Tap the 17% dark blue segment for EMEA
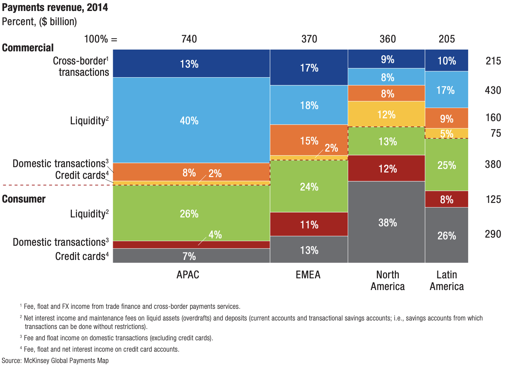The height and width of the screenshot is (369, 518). (x=309, y=68)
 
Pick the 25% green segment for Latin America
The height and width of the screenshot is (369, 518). (x=447, y=165)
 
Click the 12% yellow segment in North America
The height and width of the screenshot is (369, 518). (x=386, y=114)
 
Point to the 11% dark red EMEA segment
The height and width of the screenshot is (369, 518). (x=309, y=225)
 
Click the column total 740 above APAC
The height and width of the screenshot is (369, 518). (x=189, y=39)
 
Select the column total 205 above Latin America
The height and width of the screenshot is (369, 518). (x=447, y=39)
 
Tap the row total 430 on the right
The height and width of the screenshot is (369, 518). (x=493, y=90)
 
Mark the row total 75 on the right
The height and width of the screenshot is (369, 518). (x=496, y=133)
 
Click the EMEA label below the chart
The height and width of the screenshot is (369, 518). (x=308, y=275)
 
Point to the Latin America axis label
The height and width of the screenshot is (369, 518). (x=447, y=280)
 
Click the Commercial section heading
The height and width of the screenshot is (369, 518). (x=28, y=48)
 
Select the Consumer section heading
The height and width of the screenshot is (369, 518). (x=24, y=199)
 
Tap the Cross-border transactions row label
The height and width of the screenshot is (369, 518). (x=81, y=66)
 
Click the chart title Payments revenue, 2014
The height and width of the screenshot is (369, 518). (x=55, y=7)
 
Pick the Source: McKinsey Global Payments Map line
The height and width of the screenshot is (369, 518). (x=55, y=361)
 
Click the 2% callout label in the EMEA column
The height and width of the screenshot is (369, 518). (x=331, y=148)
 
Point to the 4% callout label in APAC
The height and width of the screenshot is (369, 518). (x=215, y=234)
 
